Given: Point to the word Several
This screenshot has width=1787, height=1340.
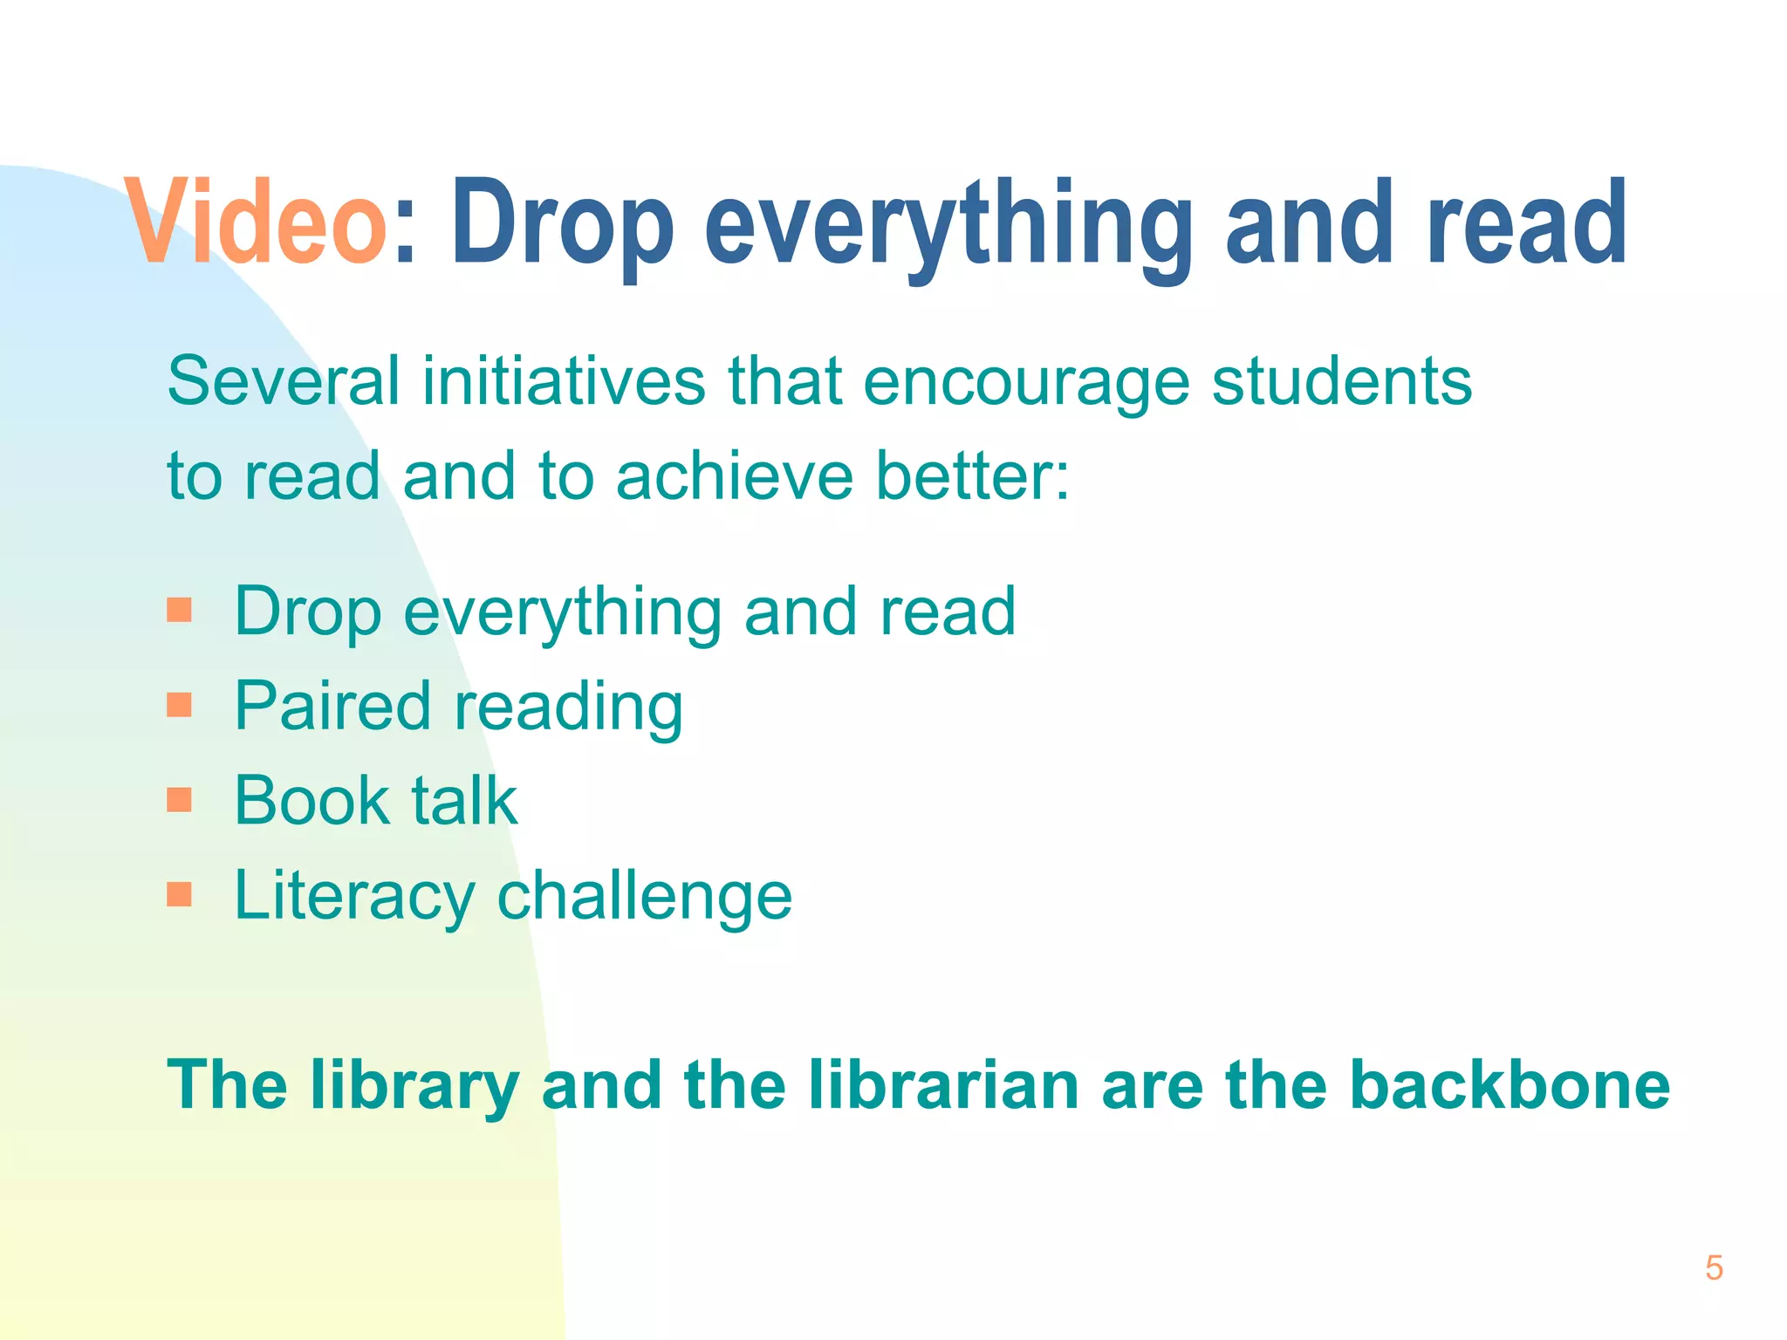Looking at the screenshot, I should (283, 381).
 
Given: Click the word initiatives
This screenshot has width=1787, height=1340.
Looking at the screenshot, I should (564, 381).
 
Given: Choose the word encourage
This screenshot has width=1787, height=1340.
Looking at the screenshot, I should (1025, 381).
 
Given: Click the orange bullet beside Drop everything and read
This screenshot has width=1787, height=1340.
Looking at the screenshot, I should (179, 610).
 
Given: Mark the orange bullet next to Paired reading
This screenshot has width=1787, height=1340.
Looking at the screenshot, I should (179, 704).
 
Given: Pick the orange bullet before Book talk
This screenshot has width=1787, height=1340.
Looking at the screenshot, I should (179, 799).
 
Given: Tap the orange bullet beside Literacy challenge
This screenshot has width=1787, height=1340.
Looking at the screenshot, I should (179, 894).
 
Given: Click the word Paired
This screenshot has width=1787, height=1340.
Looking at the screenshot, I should (333, 705).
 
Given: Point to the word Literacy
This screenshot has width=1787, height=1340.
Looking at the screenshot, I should (354, 896).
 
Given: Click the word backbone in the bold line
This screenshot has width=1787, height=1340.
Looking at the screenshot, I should (1510, 1084).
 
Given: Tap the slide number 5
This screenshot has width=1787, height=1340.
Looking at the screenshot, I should (1714, 1268).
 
